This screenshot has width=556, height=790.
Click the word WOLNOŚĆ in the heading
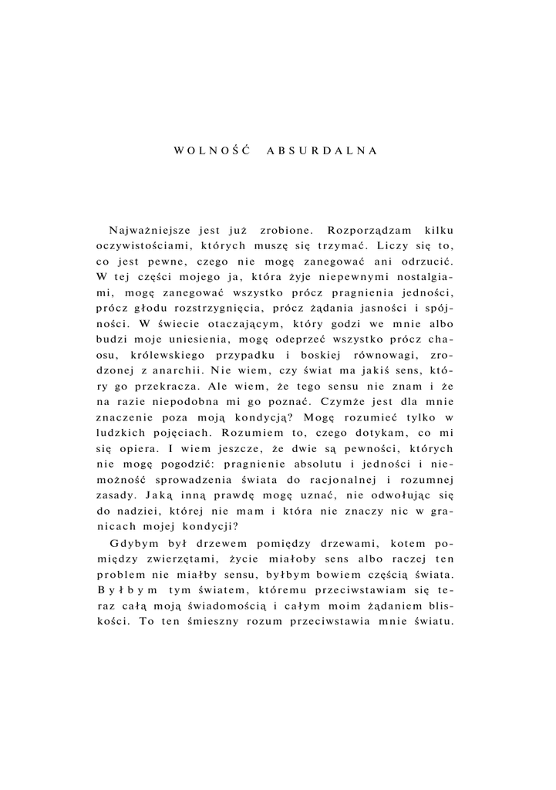point(211,150)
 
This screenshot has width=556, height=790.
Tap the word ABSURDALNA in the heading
point(322,150)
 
